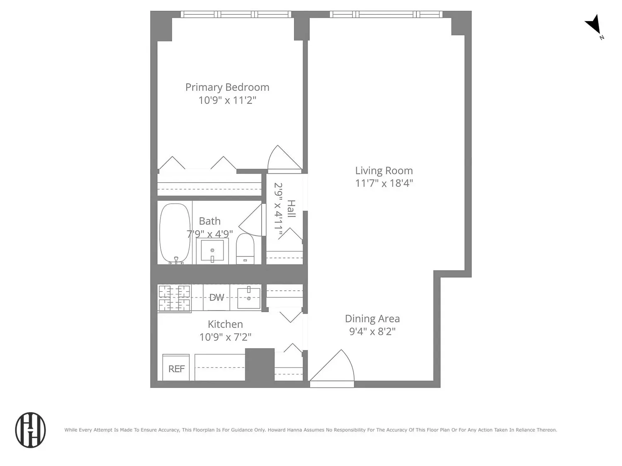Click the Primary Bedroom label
coord(227,87)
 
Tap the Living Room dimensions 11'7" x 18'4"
coord(384,184)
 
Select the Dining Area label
coord(372,319)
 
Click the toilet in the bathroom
coord(245,249)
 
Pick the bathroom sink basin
coord(212,251)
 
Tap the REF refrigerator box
coord(176,367)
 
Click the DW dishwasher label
coord(216,297)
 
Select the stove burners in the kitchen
coord(174,298)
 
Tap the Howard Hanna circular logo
coord(30,430)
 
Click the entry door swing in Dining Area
coord(332,368)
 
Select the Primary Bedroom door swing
coord(284,159)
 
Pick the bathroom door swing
coord(252,220)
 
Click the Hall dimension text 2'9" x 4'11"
coord(278,210)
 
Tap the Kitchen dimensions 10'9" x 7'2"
coord(225,337)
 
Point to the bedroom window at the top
coord(236,14)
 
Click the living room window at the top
coord(386,14)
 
